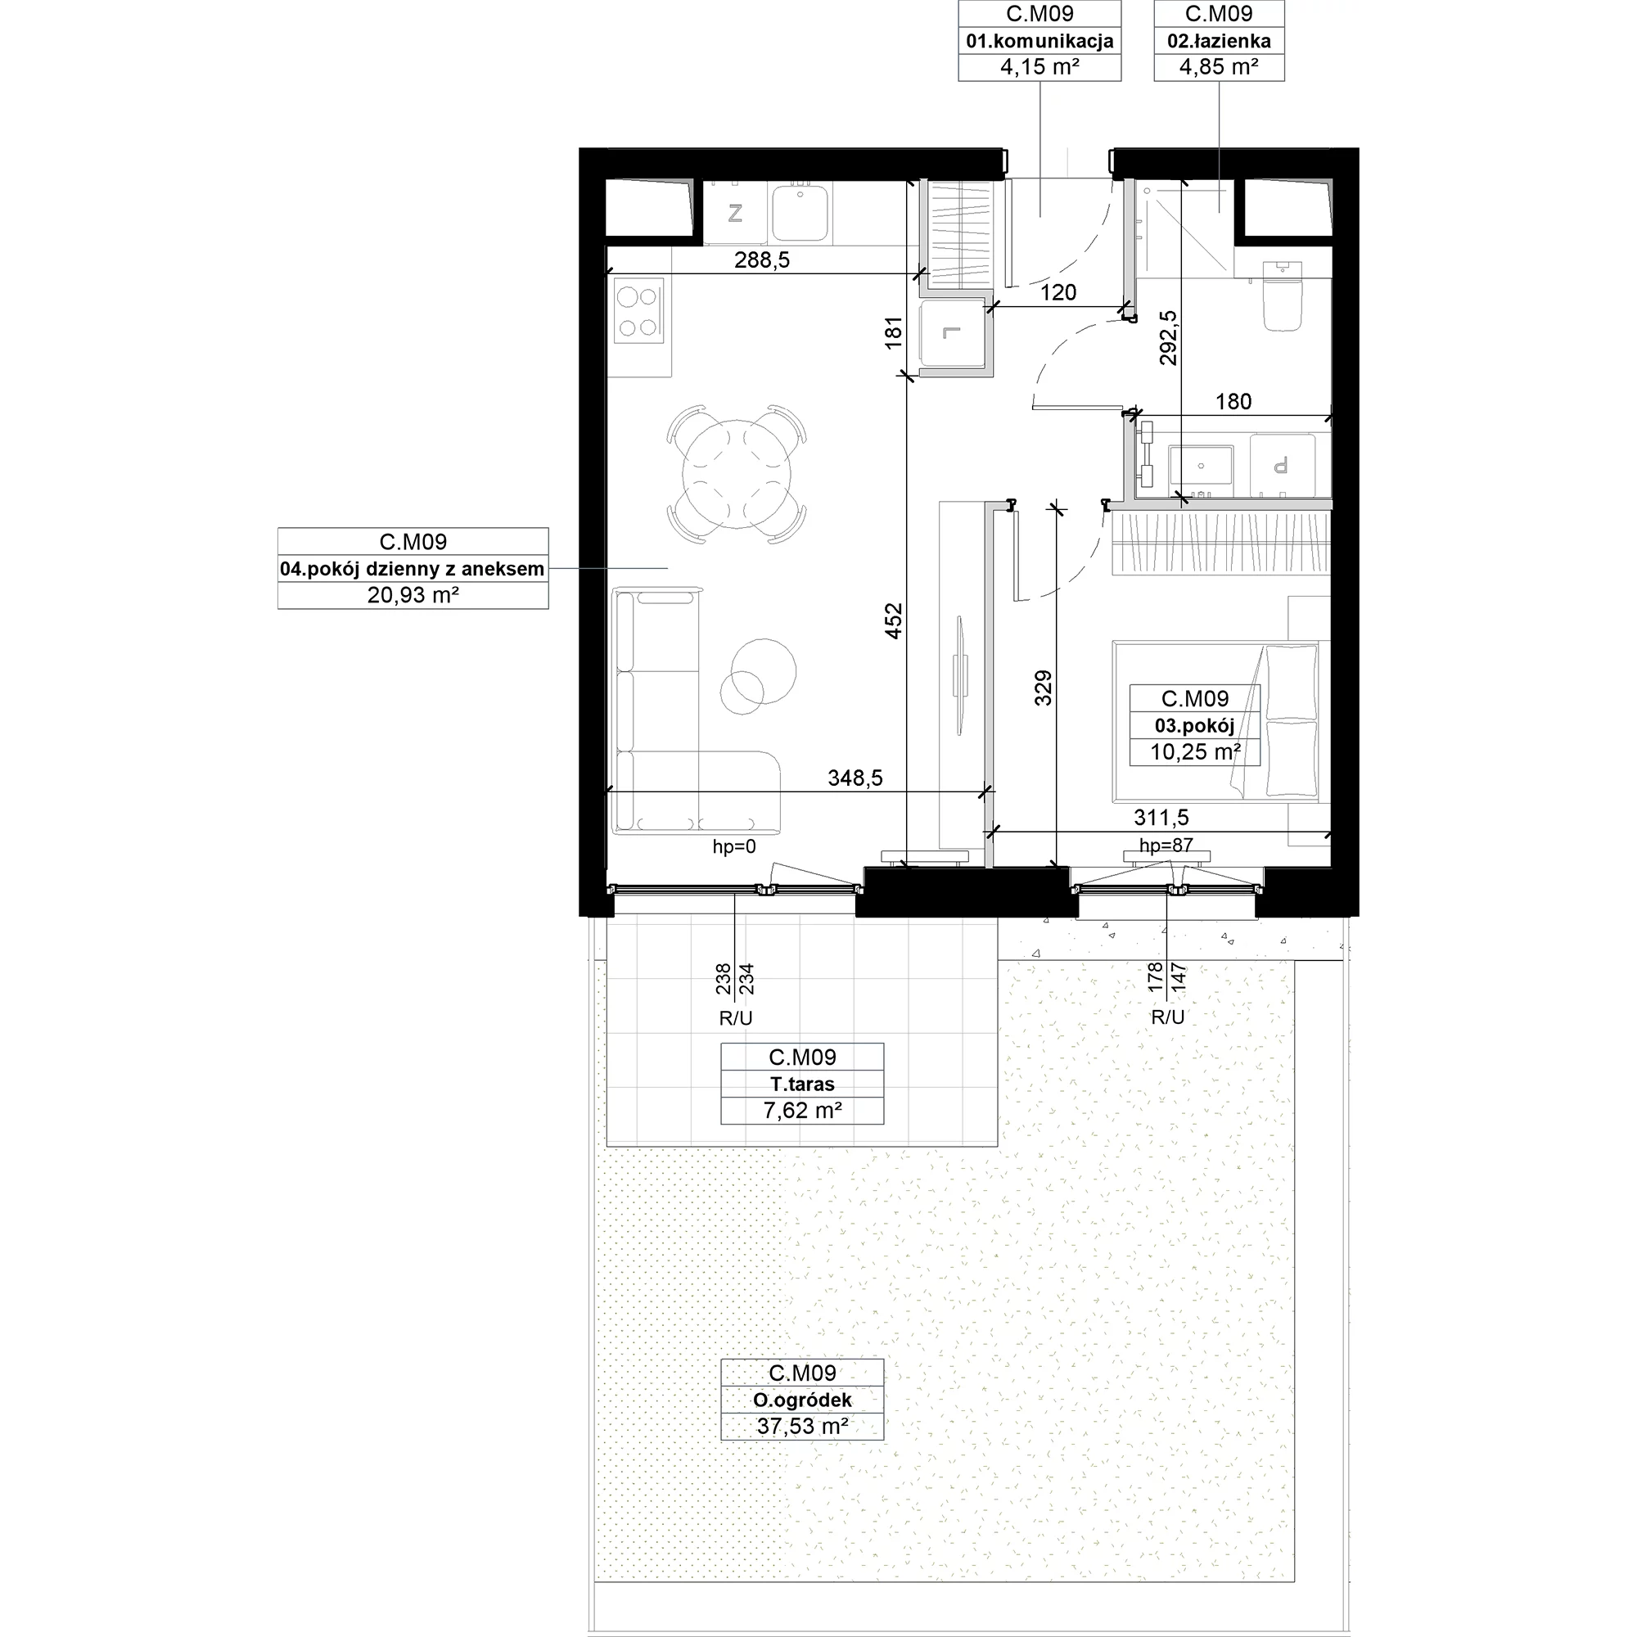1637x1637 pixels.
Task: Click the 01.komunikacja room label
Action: coord(1039,41)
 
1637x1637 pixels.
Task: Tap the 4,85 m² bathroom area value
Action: coord(1219,67)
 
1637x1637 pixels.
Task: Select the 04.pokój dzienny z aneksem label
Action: coord(413,569)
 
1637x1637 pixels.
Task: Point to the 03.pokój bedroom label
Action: coord(1195,725)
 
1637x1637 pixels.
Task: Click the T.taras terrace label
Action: coord(802,1084)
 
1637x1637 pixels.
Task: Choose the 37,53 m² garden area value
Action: coord(802,1426)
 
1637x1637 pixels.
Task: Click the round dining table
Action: coord(737,475)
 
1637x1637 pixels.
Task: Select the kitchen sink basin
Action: coord(800,213)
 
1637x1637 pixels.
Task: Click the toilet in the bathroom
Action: coord(1282,295)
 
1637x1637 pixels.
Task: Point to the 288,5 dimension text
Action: coord(762,260)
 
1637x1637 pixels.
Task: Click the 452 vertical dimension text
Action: coord(894,620)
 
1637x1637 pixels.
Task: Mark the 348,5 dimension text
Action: coord(855,778)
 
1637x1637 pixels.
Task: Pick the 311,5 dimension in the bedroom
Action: coord(1161,818)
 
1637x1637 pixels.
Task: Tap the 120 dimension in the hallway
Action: coord(1058,292)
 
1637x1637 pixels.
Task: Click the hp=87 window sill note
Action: coord(1166,845)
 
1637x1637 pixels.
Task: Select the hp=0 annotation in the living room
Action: coord(733,846)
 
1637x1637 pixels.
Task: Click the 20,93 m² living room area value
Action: coord(413,595)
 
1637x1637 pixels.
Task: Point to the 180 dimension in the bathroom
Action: coord(1233,402)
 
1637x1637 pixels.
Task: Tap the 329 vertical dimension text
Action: coord(1043,688)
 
